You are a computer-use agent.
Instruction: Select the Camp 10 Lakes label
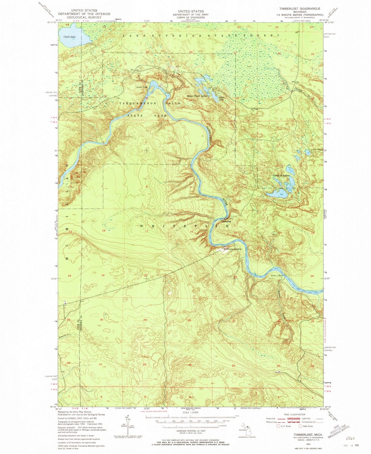[281, 176]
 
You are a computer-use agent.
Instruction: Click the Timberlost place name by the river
[226, 221]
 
